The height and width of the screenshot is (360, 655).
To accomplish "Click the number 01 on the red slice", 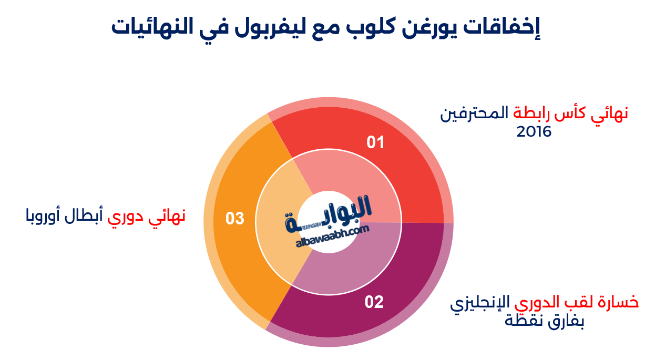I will tap(375, 142).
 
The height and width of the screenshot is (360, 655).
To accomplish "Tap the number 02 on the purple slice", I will tap(374, 302).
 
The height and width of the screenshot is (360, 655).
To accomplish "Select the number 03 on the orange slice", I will tap(235, 218).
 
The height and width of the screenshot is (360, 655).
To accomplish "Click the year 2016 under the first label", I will tap(534, 132).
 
